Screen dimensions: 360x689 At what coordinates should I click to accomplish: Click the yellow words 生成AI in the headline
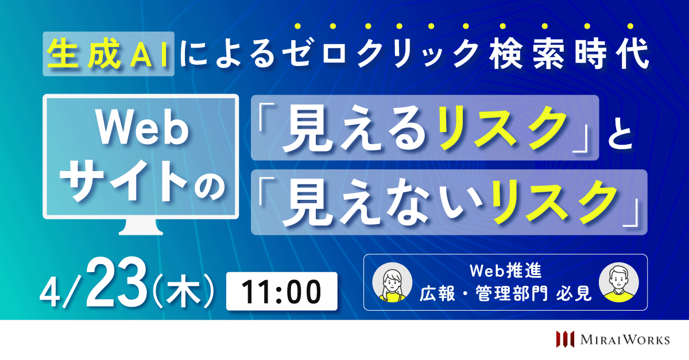tap(108, 54)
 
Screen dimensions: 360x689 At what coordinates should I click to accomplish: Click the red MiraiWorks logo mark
tap(566, 339)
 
